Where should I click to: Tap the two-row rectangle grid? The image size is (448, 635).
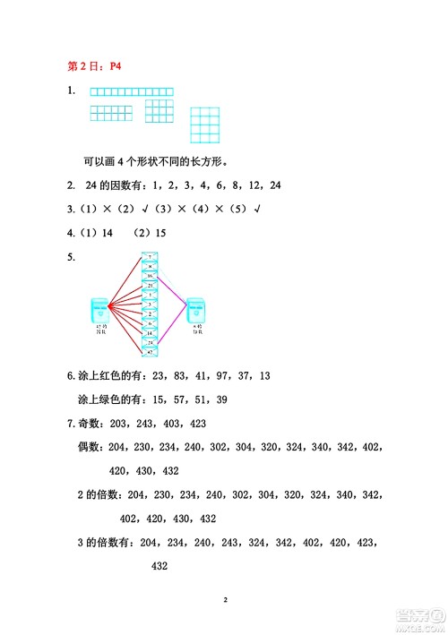[110, 113]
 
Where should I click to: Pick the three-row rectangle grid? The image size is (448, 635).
[159, 111]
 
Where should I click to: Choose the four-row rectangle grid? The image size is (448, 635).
[205, 125]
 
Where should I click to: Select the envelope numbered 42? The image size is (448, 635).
[151, 354]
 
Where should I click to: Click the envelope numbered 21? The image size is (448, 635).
[151, 286]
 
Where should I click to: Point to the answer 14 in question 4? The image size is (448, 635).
[108, 233]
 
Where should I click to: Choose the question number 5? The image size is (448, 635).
[71, 258]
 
